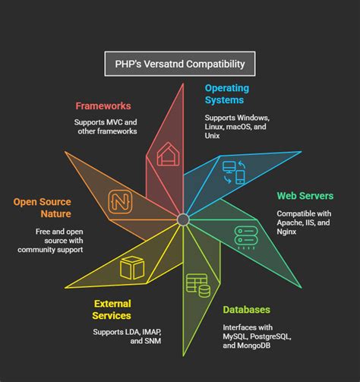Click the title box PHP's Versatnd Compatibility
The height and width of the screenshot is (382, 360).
(179, 64)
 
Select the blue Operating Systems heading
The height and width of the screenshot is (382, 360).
(226, 93)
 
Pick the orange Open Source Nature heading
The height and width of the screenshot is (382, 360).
(42, 208)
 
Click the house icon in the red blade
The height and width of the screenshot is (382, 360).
(166, 156)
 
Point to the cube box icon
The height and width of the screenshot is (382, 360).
(132, 267)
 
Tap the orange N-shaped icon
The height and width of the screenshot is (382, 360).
(119, 201)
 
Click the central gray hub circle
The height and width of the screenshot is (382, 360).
(183, 220)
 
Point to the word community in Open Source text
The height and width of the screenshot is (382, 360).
(50, 249)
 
